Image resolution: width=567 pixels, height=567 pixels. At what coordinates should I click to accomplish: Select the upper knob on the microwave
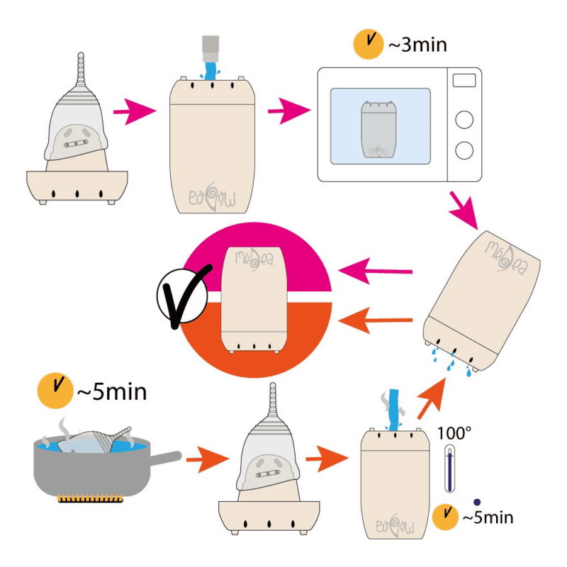464,120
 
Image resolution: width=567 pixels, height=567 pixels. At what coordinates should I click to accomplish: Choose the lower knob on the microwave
464,150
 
